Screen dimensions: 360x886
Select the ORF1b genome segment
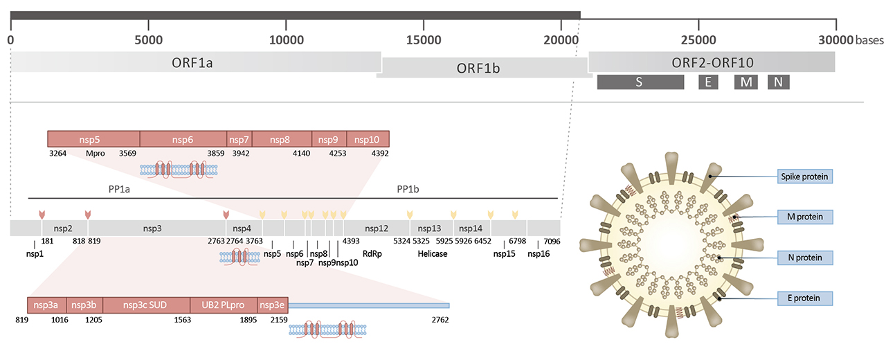click(x=484, y=69)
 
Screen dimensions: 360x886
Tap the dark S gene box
click(x=640, y=82)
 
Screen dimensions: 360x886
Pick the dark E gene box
click(x=708, y=82)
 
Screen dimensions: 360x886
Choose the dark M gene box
click(x=746, y=82)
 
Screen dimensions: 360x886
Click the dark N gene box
click(x=779, y=82)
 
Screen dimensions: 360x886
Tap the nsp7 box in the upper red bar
click(x=239, y=138)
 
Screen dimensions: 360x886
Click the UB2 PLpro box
click(x=223, y=305)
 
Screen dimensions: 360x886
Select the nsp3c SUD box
click(x=146, y=305)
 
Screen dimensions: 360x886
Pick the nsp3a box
click(x=47, y=305)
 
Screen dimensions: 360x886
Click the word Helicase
click(x=433, y=254)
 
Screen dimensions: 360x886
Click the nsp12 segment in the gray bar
click(x=377, y=228)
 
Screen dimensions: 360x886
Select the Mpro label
click(x=95, y=153)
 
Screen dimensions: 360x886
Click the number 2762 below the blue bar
click(x=440, y=320)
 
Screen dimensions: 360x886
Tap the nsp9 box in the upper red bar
click(x=329, y=138)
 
